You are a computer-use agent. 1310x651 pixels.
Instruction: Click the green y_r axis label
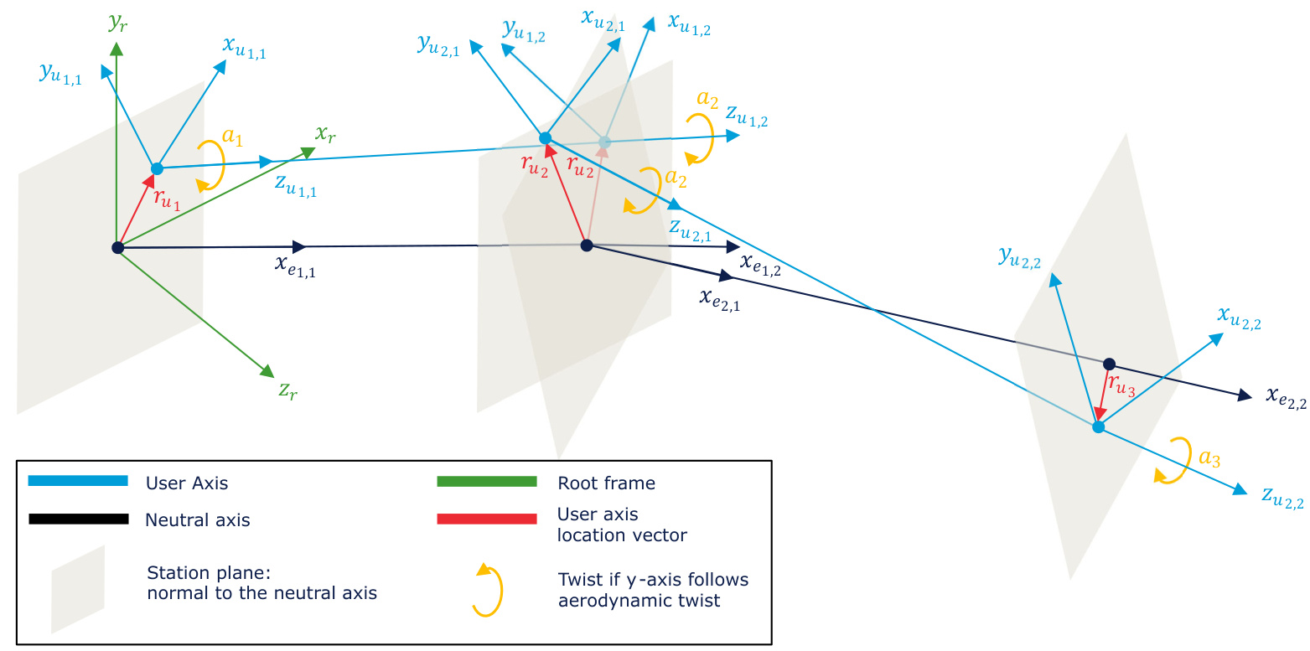117,23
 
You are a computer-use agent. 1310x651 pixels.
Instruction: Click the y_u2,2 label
1018,257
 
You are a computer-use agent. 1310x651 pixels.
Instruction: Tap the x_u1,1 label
245,47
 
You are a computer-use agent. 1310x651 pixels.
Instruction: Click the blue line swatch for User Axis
78,481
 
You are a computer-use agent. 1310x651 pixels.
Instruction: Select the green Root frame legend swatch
486,481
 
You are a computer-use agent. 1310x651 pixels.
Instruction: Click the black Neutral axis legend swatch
78,519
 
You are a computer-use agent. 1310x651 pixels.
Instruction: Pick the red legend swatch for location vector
486,519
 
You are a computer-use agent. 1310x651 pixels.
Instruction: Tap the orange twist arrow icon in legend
487,590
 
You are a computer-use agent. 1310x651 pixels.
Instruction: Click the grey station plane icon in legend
78,589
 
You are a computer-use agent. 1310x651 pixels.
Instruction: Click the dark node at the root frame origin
118,247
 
